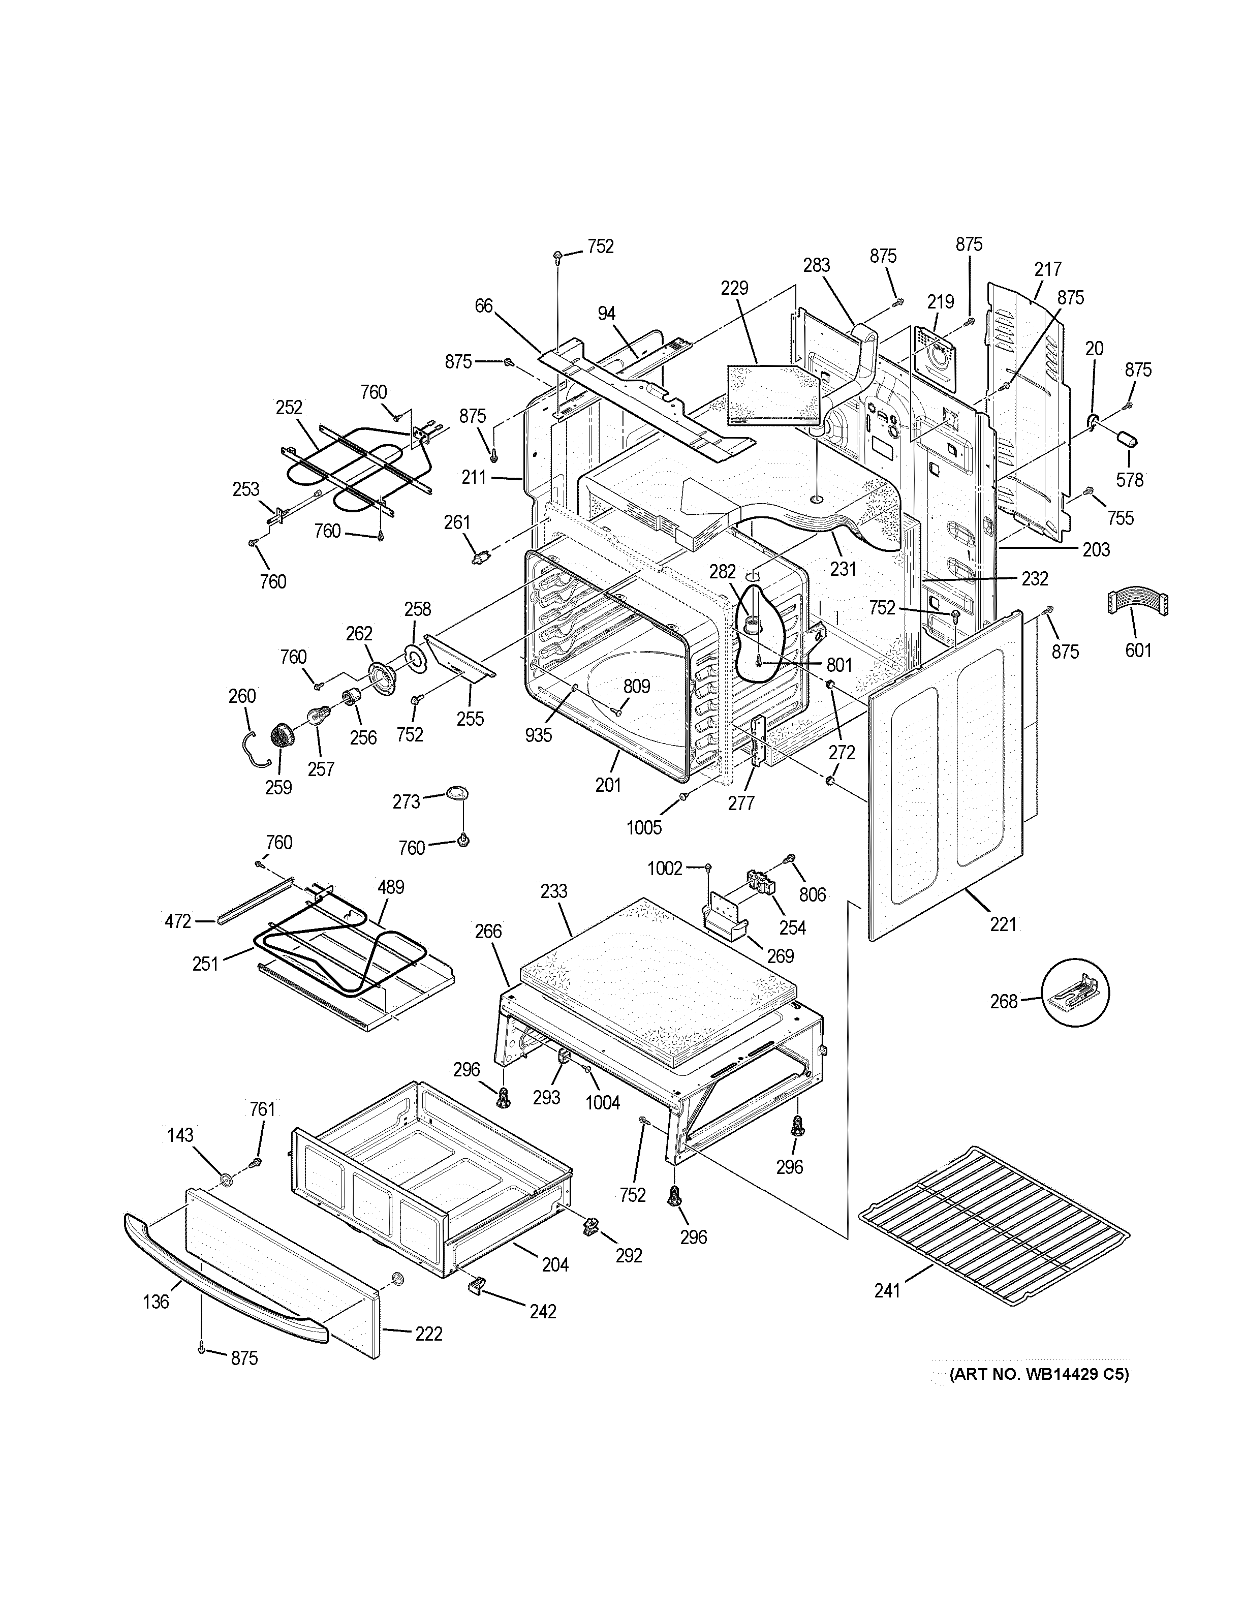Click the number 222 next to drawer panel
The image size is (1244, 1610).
click(x=428, y=1334)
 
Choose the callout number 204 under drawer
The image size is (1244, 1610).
click(x=555, y=1264)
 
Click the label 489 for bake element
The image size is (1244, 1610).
click(x=391, y=887)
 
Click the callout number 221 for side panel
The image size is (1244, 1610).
click(x=1003, y=924)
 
